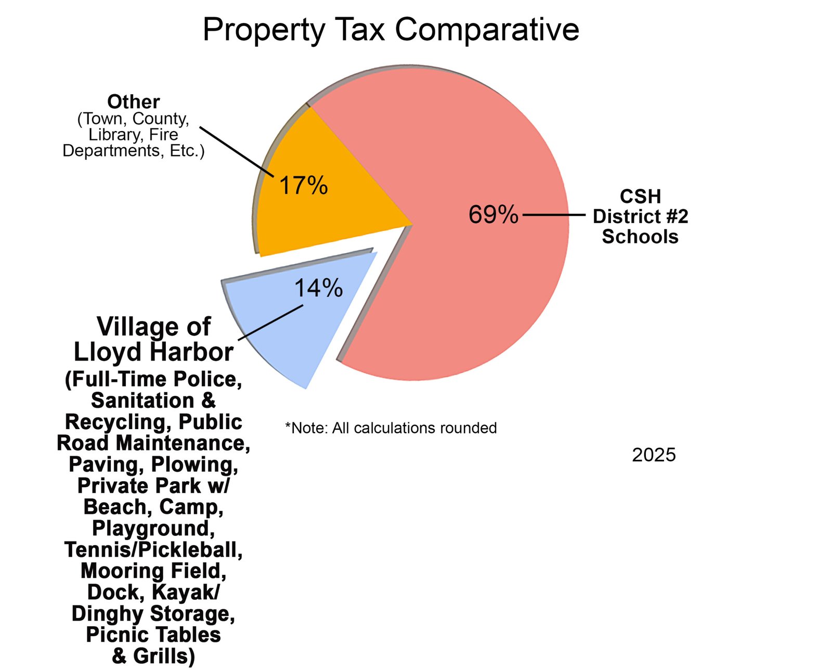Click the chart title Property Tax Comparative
(391, 29)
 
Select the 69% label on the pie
(493, 214)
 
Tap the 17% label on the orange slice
(304, 185)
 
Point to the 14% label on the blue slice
(318, 288)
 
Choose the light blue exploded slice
(291, 333)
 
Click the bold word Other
(134, 101)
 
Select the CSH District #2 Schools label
(640, 216)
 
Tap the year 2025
(654, 455)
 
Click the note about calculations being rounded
(391, 428)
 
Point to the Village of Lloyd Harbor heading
(153, 339)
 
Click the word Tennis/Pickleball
(153, 550)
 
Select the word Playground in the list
(153, 528)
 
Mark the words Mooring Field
(153, 571)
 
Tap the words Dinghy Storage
(153, 614)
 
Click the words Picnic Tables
(153, 635)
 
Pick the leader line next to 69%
(553, 214)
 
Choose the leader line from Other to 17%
(237, 151)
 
